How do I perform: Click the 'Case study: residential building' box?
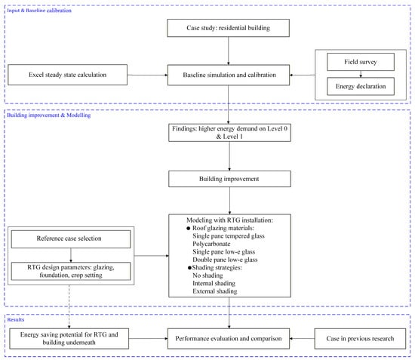click(228, 28)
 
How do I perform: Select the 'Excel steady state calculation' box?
click(67, 75)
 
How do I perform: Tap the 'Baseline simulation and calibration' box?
click(229, 75)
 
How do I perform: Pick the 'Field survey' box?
click(361, 62)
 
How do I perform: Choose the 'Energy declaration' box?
click(361, 86)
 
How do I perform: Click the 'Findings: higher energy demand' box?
click(229, 133)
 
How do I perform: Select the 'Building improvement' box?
click(229, 179)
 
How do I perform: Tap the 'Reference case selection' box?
click(71, 239)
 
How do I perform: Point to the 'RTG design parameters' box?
click(71, 271)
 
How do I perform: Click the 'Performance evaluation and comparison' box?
click(229, 339)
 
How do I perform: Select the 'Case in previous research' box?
click(360, 339)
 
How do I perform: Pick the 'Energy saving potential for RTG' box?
click(69, 339)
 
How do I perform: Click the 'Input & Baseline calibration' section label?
click(39, 11)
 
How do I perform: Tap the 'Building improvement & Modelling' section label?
click(49, 115)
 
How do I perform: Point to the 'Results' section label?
click(16, 319)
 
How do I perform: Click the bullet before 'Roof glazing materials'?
click(189, 228)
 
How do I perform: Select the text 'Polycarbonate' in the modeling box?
click(211, 244)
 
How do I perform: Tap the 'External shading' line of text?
click(214, 291)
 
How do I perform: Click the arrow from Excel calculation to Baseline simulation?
click(147, 75)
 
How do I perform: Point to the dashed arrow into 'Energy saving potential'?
click(69, 307)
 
